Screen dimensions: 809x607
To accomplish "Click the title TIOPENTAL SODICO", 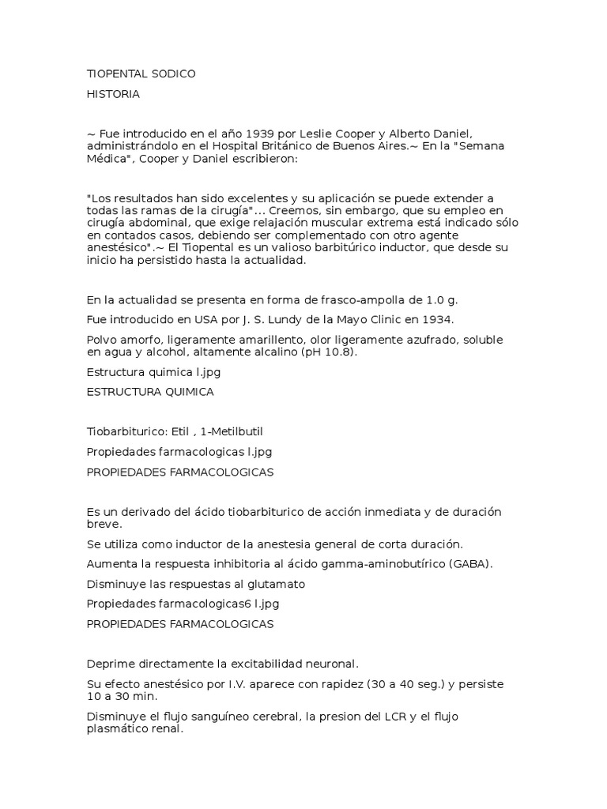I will point(141,74).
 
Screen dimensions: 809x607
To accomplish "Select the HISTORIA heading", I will point(113,94).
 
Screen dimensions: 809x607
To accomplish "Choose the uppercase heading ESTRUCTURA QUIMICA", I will point(150,391).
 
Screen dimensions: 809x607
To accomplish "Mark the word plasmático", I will point(119,730).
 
